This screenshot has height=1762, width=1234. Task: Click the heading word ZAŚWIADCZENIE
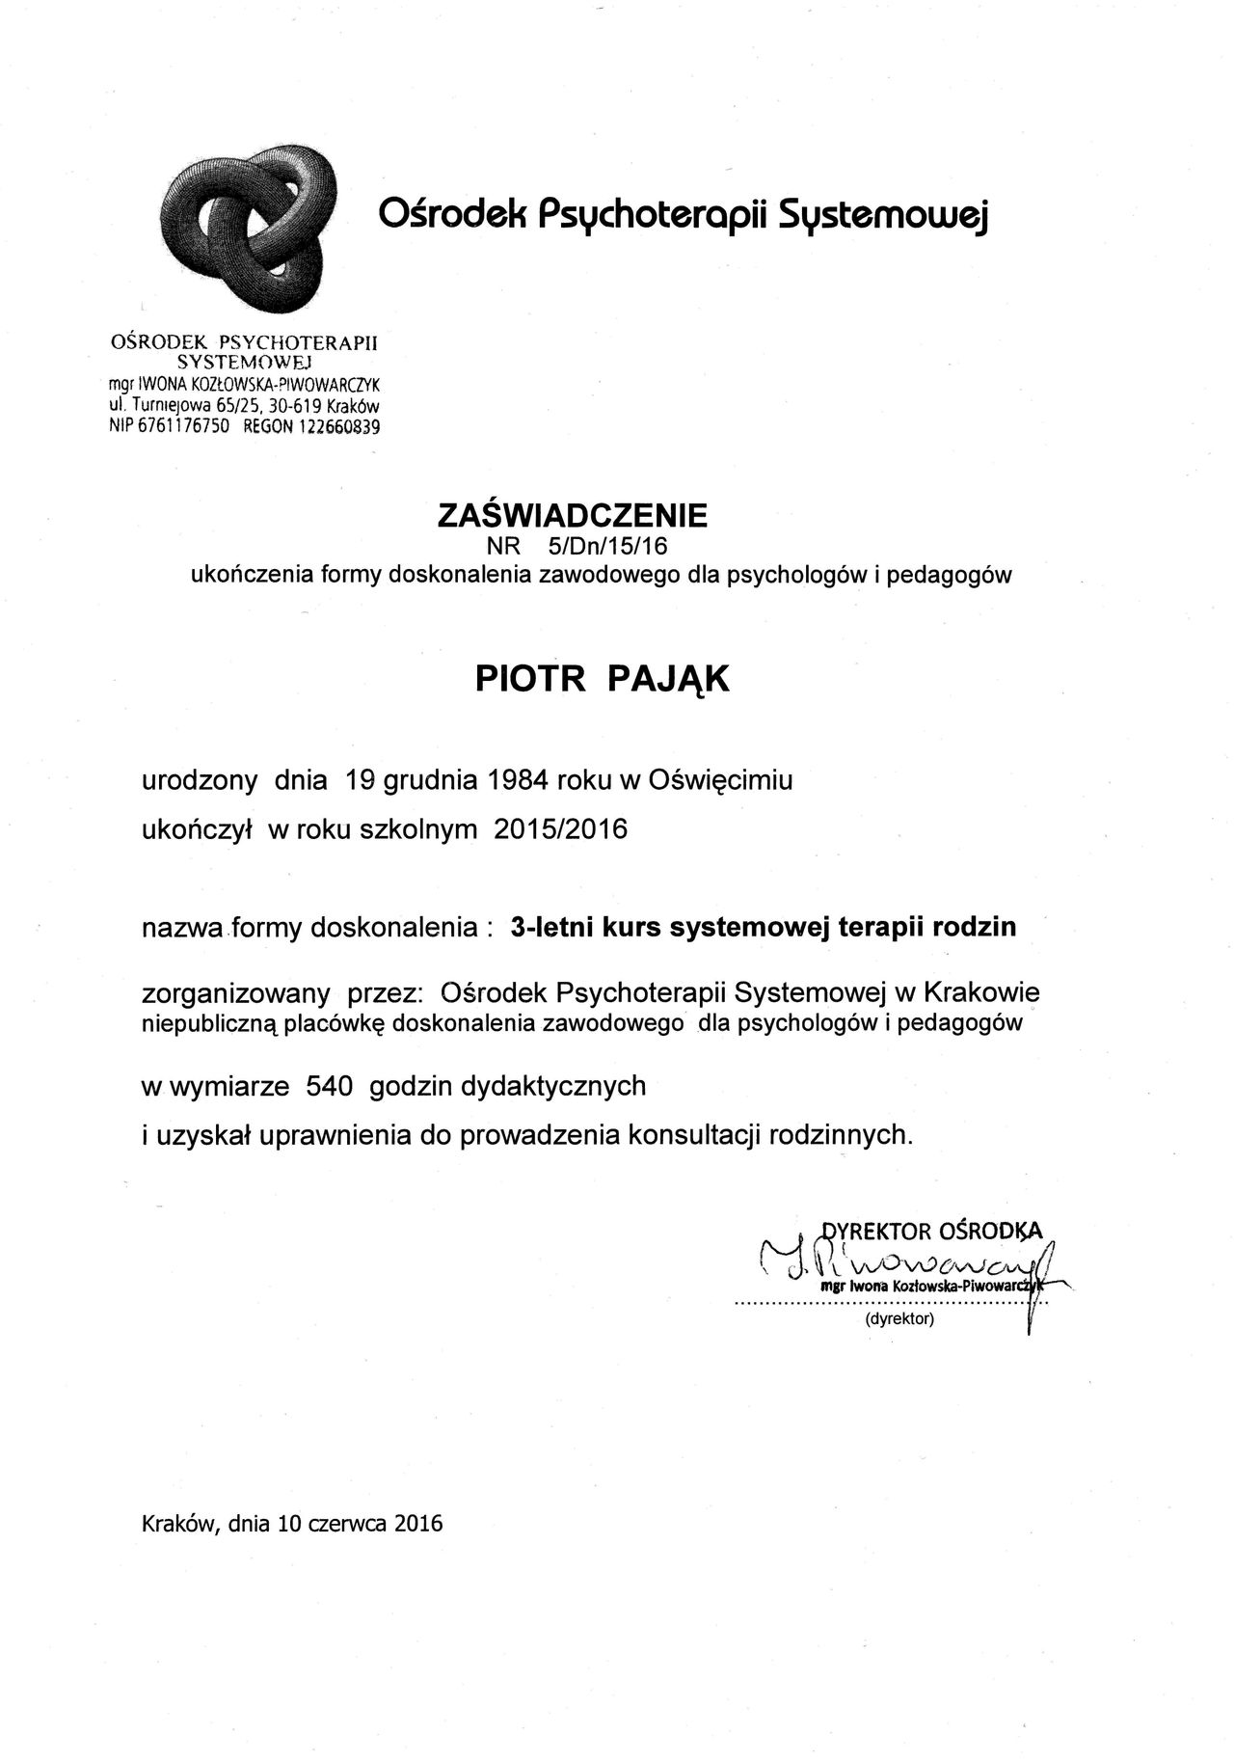pos(572,516)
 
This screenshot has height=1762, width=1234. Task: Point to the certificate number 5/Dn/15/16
pos(606,546)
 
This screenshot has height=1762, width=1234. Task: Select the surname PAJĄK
pos(669,679)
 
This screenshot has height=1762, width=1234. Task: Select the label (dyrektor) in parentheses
pos(899,1319)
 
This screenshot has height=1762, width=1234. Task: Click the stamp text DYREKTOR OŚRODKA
pos(931,1231)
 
